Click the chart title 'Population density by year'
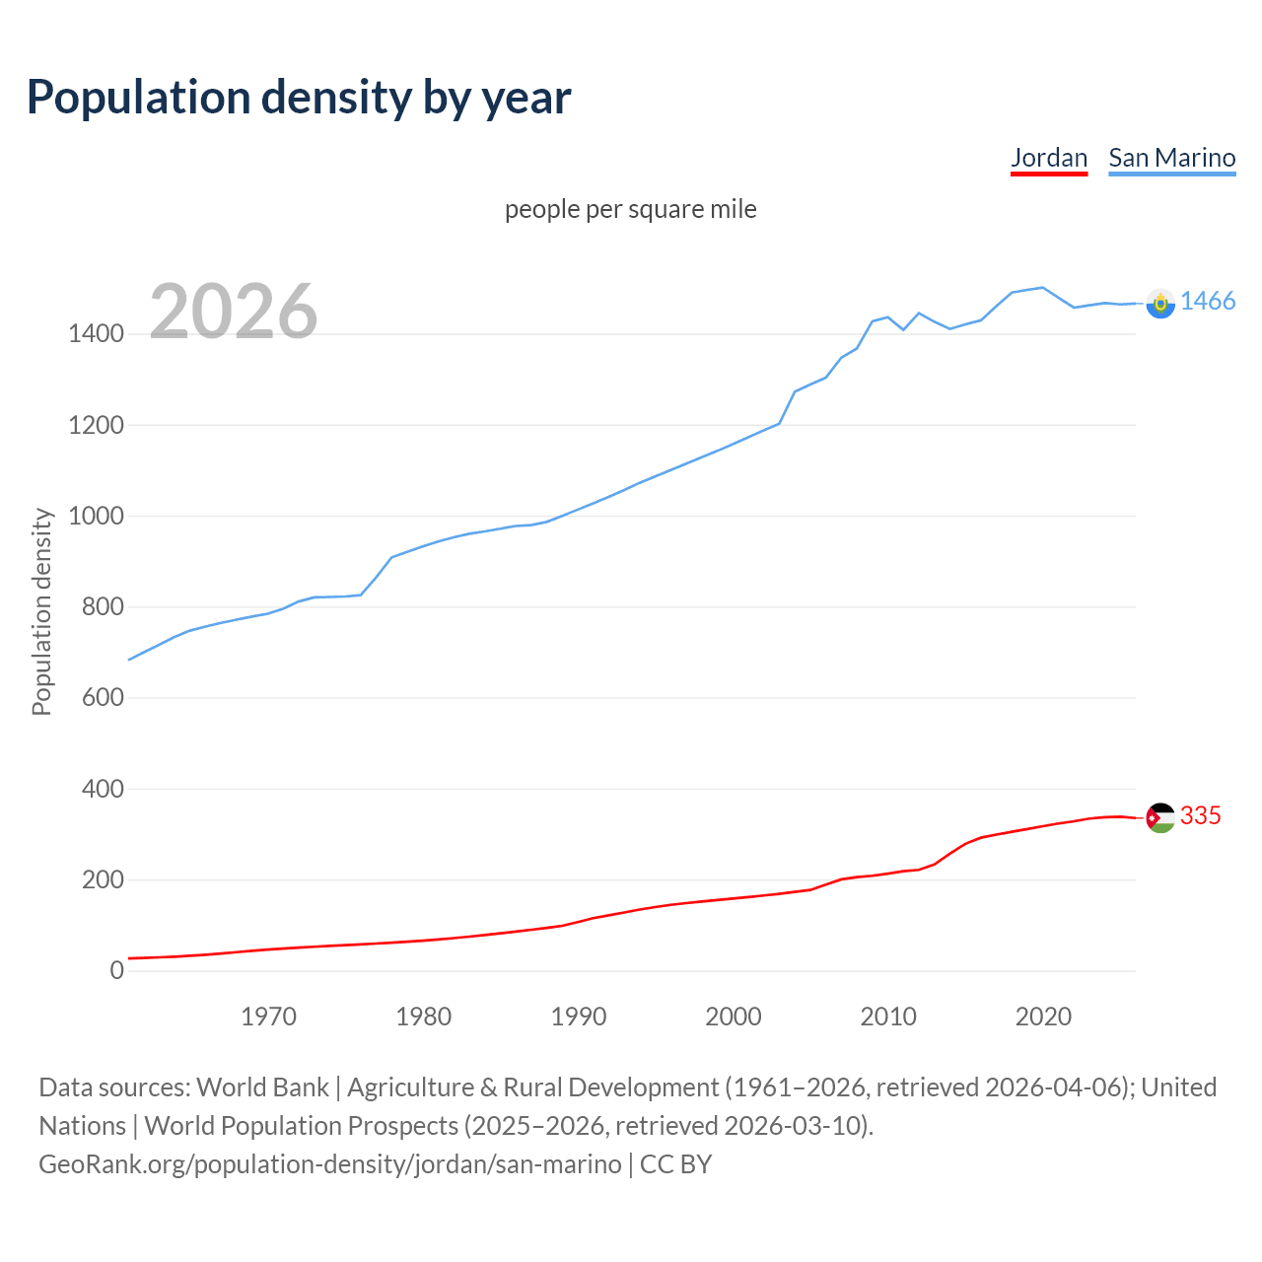299,98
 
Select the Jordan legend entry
1049,158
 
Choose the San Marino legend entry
1171,158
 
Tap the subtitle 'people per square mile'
630,209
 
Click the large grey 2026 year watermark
234,312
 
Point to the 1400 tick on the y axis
96,334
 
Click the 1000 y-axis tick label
96,516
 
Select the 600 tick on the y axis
103,698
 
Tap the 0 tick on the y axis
117,970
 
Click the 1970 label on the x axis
268,1017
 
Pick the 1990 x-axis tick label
579,1017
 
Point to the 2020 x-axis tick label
1043,1017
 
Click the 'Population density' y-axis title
41,611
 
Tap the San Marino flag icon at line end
1160,304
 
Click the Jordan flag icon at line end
1160,817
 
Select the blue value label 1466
1207,302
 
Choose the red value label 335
1200,816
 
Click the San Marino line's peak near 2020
1042,288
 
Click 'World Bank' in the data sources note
262,1087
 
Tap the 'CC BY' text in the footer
675,1164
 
